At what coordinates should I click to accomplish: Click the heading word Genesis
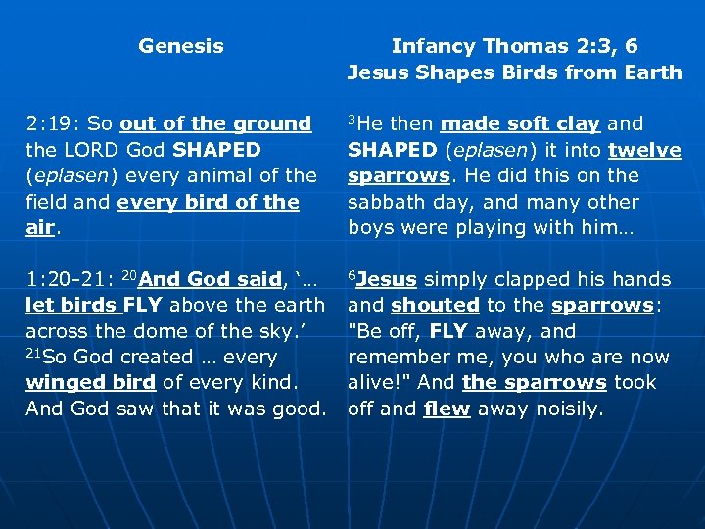pyautogui.click(x=181, y=46)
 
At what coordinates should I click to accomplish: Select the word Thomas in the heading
pyautogui.click(x=520, y=46)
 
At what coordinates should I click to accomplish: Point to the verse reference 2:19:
pyautogui.click(x=52, y=124)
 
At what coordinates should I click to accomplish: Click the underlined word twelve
pyautogui.click(x=644, y=150)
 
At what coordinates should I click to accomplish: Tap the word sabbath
pyautogui.click(x=384, y=202)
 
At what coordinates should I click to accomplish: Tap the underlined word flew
pyautogui.click(x=446, y=409)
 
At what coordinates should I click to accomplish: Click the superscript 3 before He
pyautogui.click(x=352, y=120)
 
